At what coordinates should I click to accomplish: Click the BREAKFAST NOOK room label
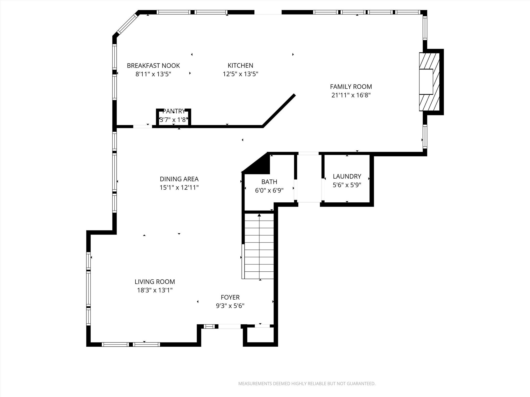pyautogui.click(x=153, y=66)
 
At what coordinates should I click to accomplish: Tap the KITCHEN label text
pyautogui.click(x=240, y=66)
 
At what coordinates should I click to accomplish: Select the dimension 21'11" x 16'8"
pyautogui.click(x=351, y=95)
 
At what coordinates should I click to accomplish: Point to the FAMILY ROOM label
pyautogui.click(x=351, y=87)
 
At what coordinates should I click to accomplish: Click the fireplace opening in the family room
pyautogui.click(x=426, y=82)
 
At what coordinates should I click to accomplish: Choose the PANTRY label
pyautogui.click(x=174, y=111)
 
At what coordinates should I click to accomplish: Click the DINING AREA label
pyautogui.click(x=179, y=179)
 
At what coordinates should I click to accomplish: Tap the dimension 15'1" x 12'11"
pyautogui.click(x=179, y=187)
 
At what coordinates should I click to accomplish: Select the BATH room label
pyautogui.click(x=269, y=182)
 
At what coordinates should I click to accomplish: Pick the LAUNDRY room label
pyautogui.click(x=347, y=176)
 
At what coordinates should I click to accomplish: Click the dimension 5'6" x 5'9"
pyautogui.click(x=347, y=185)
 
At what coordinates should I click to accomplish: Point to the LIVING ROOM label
pyautogui.click(x=155, y=282)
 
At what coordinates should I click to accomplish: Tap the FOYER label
pyautogui.click(x=230, y=297)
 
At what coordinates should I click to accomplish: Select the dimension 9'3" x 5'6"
pyautogui.click(x=230, y=306)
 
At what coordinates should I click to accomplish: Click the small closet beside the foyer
pyautogui.click(x=260, y=335)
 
